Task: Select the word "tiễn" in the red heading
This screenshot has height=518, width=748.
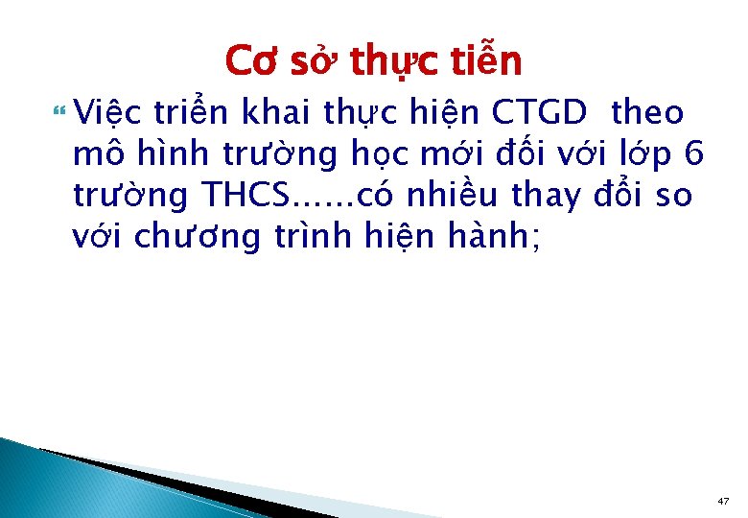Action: (486, 61)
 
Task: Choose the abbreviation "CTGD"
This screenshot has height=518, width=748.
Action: (538, 114)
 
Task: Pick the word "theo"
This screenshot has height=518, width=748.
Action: (646, 114)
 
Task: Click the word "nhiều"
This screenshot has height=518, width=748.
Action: (451, 196)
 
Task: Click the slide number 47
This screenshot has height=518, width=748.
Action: (723, 501)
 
